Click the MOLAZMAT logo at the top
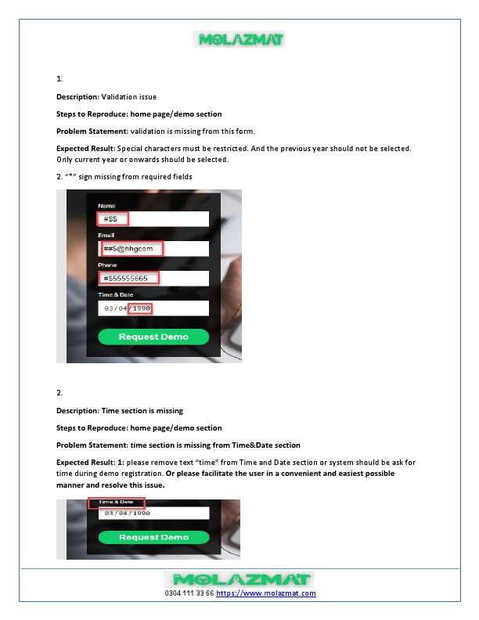point(239,39)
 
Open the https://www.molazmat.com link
point(266,593)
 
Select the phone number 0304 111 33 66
point(189,593)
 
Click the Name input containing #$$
point(153,219)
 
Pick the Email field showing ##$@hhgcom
point(153,249)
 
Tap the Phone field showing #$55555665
point(153,278)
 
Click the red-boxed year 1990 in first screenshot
point(141,308)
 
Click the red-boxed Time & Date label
point(116,502)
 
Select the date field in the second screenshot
point(153,514)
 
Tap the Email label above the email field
point(106,235)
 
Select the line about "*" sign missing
point(124,176)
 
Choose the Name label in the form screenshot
point(106,206)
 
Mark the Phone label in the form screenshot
point(107,265)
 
